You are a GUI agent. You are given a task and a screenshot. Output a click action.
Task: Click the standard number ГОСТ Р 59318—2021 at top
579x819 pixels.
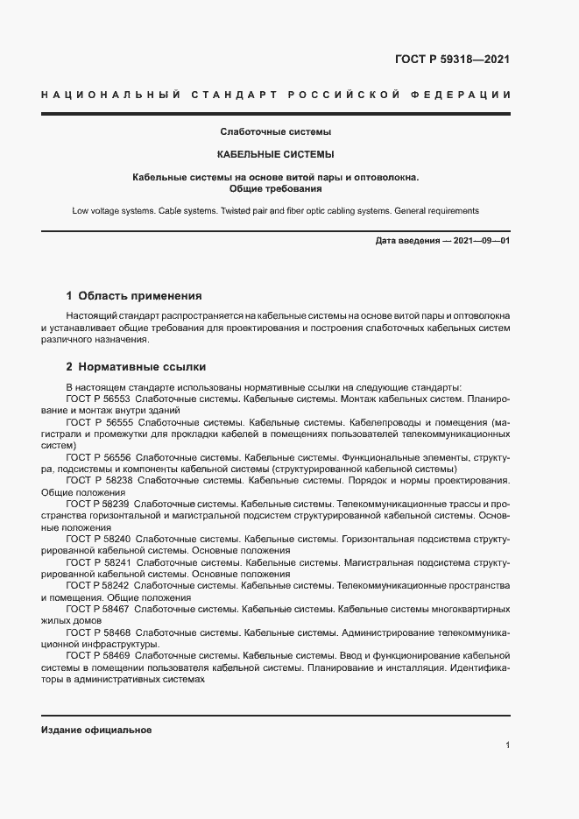453,60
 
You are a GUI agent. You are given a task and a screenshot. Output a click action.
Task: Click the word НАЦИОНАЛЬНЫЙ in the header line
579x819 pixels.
104,95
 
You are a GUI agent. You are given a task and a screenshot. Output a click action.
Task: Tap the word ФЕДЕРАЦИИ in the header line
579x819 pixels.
470,95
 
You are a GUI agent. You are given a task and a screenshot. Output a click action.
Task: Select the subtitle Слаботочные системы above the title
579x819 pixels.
275,132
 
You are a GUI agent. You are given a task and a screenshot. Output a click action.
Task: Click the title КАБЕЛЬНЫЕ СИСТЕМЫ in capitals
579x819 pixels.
275,155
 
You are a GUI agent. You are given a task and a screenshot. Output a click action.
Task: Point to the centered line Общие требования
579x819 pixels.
275,188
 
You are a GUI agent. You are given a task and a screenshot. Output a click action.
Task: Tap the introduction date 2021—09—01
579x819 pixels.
483,240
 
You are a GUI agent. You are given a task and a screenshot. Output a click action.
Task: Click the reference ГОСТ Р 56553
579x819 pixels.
98,399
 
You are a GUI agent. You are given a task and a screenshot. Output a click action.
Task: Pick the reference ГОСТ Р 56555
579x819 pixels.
98,422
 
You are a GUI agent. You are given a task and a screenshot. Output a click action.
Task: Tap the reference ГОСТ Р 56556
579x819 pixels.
98,457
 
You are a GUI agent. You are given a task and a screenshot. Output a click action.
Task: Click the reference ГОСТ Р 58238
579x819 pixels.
98,481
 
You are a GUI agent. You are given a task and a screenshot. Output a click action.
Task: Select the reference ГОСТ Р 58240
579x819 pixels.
98,539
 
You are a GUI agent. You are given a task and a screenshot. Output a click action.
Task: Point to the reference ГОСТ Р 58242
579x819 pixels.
98,584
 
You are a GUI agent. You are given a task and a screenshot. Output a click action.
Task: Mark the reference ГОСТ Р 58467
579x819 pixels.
98,608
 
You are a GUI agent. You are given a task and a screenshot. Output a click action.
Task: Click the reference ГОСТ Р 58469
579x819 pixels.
98,654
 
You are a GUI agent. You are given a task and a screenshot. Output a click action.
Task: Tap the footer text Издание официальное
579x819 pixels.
96,730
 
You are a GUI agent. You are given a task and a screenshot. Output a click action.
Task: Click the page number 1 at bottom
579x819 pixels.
507,745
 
